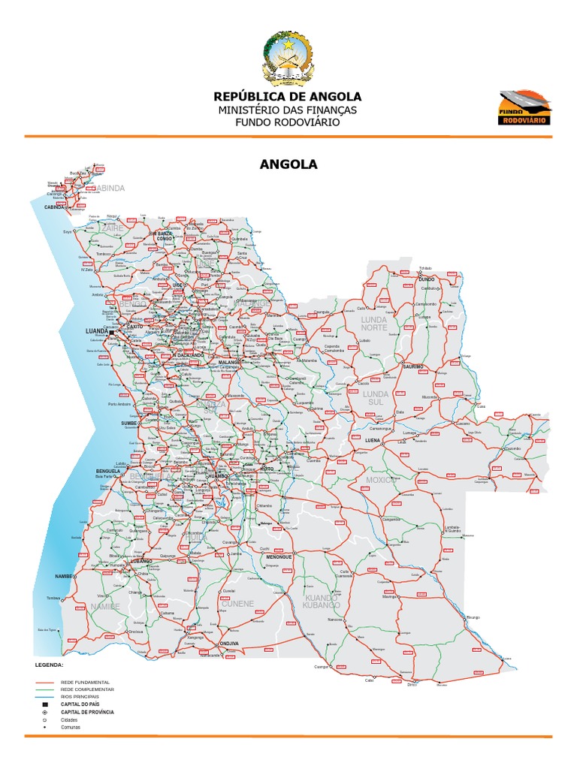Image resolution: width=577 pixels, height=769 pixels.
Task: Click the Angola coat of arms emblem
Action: pyautogui.click(x=288, y=59)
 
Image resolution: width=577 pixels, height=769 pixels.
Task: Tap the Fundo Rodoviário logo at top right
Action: pyautogui.click(x=525, y=107)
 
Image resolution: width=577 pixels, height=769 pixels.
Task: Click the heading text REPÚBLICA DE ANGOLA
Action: pyautogui.click(x=288, y=97)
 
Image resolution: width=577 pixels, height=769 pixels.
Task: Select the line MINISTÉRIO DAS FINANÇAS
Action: pyautogui.click(x=288, y=110)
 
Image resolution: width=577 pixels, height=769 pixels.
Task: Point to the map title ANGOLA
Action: pyautogui.click(x=288, y=164)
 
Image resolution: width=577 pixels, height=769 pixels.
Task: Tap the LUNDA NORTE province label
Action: pyautogui.click(x=374, y=324)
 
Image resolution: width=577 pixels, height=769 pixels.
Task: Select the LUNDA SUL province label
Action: pyautogui.click(x=375, y=398)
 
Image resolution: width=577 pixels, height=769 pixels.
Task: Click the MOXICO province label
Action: pyautogui.click(x=379, y=480)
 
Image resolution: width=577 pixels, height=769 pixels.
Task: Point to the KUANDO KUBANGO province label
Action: pyautogui.click(x=322, y=601)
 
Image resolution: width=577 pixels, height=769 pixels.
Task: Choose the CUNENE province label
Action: pyautogui.click(x=237, y=604)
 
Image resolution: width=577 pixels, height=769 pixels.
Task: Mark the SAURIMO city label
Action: pyautogui.click(x=412, y=366)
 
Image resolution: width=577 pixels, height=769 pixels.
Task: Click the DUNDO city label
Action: pyautogui.click(x=427, y=279)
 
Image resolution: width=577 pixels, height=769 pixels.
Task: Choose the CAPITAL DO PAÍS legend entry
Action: pyautogui.click(x=82, y=704)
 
